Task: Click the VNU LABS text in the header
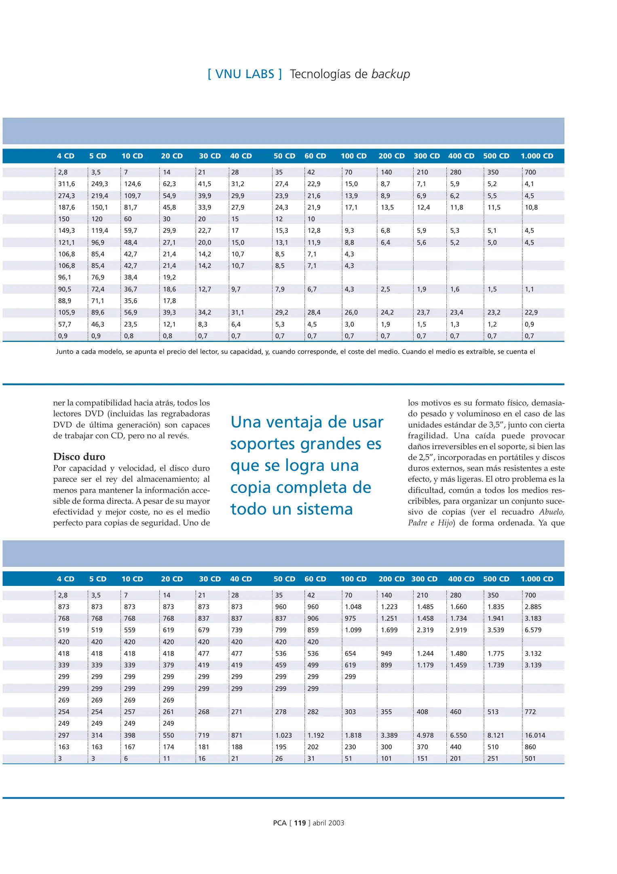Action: (245, 74)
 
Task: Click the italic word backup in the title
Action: (391, 74)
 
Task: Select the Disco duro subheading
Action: (79, 456)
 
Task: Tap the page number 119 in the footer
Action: (300, 823)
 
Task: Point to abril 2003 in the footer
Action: (328, 823)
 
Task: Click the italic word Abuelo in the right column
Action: (551, 512)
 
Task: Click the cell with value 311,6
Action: (67, 184)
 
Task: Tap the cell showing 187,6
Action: (67, 207)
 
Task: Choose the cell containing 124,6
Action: (133, 184)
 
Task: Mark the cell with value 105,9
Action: (67, 312)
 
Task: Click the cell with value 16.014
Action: (535, 735)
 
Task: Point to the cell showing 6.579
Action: (533, 630)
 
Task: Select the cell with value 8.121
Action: (496, 735)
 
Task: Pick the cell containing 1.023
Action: (283, 735)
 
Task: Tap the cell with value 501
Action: (530, 759)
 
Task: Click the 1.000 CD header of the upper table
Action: (537, 156)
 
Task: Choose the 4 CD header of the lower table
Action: (66, 579)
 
